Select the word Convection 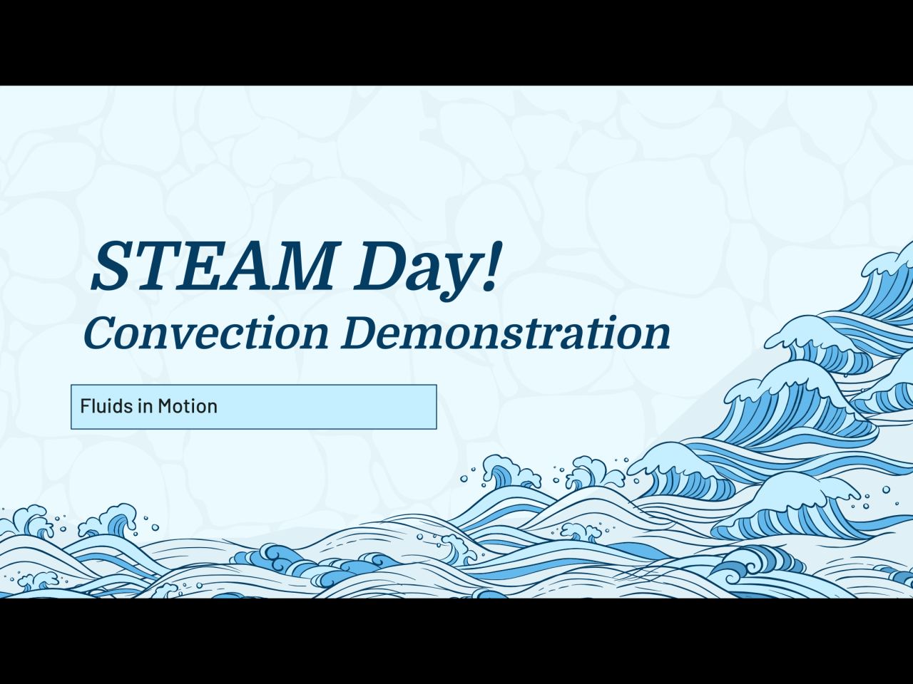click(206, 333)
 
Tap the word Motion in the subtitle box click(188, 405)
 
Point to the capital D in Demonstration click(362, 332)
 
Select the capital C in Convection click(102, 333)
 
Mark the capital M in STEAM click(298, 266)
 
